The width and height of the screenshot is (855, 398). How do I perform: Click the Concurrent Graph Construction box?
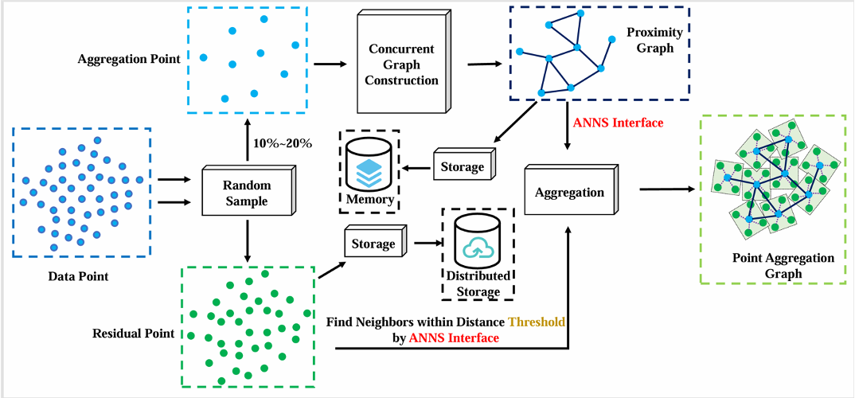tap(402, 64)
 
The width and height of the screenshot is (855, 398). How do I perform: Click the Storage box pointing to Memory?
tap(465, 166)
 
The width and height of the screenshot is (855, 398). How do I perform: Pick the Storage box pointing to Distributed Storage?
tap(375, 243)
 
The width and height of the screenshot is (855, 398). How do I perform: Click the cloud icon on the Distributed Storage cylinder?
tap(478, 248)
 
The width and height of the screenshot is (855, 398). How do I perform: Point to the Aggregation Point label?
tap(129, 58)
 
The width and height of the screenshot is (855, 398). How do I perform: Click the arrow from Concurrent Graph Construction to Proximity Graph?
tap(485, 64)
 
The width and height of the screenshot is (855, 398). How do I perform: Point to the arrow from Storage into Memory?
tap(417, 168)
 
